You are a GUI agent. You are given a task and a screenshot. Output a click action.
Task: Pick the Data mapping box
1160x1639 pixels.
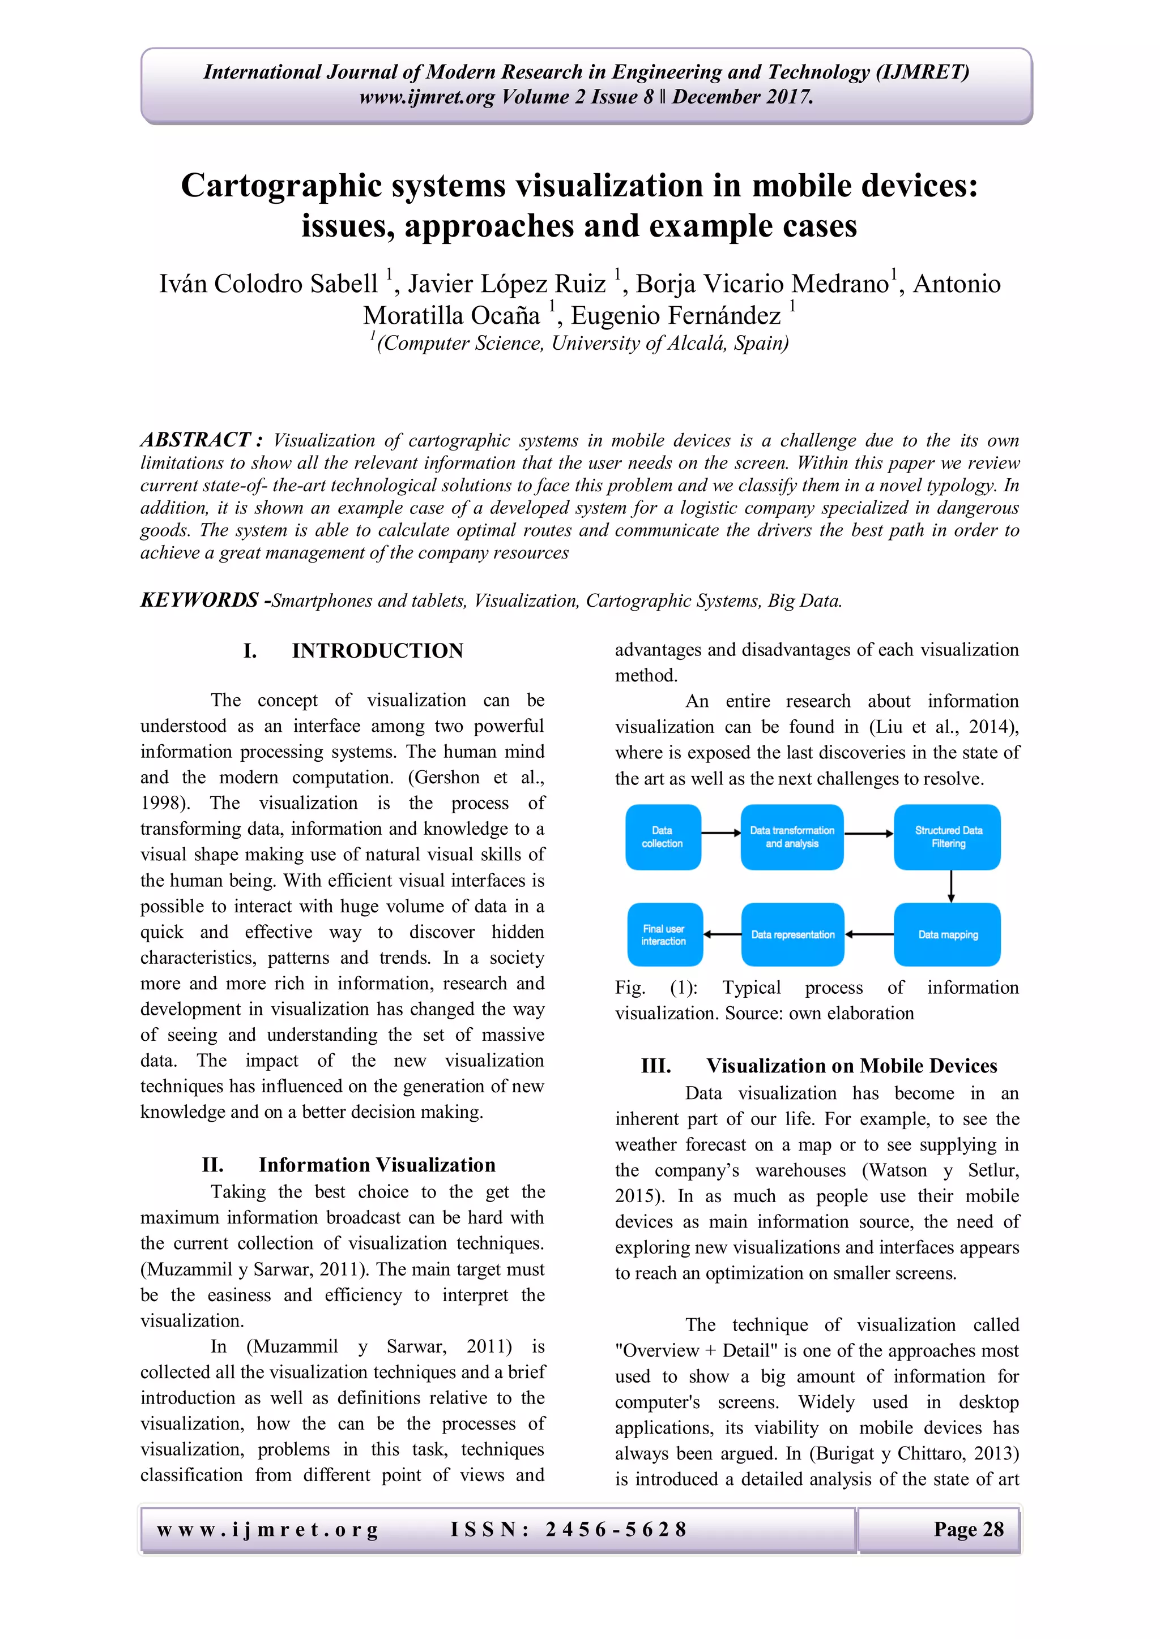tap(947, 934)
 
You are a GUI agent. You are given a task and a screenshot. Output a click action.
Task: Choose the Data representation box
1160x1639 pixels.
tap(792, 934)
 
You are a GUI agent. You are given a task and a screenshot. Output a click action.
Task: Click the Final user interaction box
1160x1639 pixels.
tap(664, 934)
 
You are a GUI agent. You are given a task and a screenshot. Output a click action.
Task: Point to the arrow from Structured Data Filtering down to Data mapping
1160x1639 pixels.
tap(951, 887)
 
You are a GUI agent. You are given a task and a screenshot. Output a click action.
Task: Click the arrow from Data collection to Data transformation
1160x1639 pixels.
tap(720, 833)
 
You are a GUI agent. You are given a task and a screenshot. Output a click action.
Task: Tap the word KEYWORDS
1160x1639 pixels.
tap(200, 600)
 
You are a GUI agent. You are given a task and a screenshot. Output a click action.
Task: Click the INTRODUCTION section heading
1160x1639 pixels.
tap(377, 651)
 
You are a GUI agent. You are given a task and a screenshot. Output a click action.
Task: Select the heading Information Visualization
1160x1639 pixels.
tap(377, 1165)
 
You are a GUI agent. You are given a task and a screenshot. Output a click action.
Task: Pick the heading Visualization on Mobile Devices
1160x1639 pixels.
tap(851, 1066)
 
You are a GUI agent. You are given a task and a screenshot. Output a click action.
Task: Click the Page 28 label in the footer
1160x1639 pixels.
tap(968, 1529)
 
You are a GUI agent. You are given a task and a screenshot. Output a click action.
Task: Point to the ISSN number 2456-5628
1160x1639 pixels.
tap(615, 1529)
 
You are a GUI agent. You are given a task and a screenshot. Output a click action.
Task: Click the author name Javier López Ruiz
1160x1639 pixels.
tap(506, 284)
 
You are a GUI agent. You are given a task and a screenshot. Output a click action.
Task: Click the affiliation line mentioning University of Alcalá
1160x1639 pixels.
tap(580, 344)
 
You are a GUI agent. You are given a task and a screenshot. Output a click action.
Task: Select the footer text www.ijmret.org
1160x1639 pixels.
tap(267, 1530)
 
